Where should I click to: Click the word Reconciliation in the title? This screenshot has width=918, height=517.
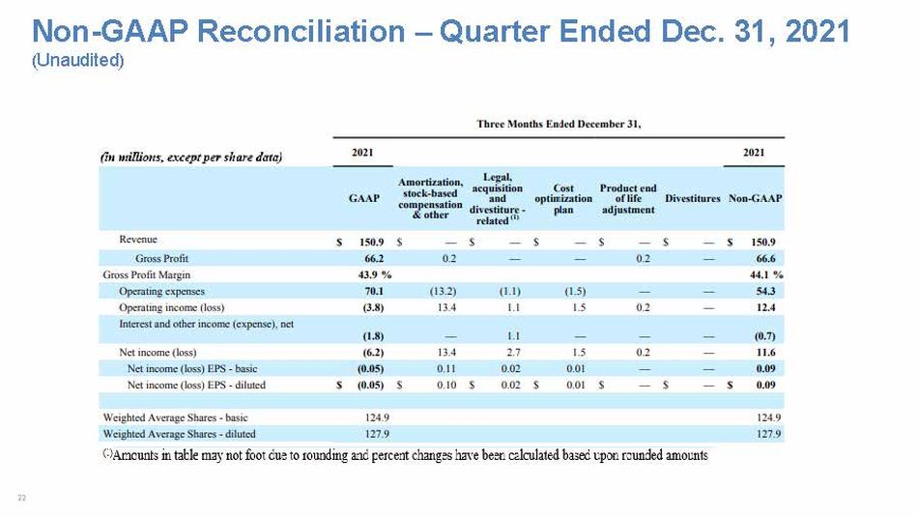301,31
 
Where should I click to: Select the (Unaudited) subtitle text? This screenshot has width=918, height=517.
78,60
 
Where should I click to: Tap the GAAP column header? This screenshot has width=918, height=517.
363,198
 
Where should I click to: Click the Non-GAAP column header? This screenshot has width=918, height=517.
755,198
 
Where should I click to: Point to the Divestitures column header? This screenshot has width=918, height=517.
693,198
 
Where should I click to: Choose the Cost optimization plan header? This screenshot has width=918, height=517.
563,198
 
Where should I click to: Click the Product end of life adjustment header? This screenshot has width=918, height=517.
628,198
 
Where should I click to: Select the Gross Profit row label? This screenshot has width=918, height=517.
161,258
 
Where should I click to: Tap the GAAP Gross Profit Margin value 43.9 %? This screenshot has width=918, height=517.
375,274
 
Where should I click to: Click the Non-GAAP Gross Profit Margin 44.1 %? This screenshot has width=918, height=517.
766,274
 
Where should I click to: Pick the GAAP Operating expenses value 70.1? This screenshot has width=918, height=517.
374,291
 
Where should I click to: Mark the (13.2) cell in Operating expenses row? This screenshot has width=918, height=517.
444,291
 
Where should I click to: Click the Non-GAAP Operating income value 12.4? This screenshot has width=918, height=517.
765,307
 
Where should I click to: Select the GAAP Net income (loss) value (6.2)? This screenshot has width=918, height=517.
373,353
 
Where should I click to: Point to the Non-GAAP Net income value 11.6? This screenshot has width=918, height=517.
765,353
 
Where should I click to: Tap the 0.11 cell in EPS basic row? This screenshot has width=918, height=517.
446,369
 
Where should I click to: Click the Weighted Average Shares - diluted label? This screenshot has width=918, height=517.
179,434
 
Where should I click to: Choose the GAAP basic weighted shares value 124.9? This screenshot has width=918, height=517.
377,417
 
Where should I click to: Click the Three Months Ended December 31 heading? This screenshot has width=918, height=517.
559,124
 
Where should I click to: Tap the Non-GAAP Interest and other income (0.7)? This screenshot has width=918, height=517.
764,336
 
